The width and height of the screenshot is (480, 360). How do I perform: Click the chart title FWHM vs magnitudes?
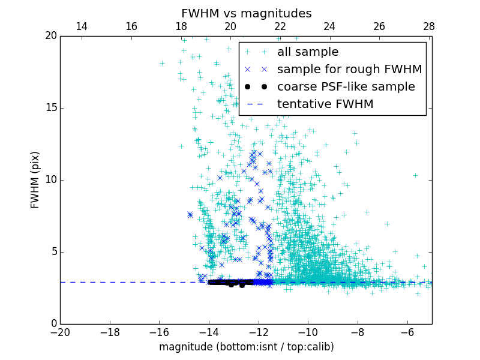[x=246, y=13]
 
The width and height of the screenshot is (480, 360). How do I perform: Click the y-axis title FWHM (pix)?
[x=35, y=179]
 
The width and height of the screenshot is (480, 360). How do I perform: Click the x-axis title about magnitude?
[x=246, y=347]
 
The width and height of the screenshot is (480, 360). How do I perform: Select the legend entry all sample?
[x=308, y=52]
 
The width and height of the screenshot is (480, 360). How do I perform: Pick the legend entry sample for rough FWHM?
[x=349, y=70]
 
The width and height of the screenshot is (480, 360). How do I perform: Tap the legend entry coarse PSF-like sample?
[x=346, y=87]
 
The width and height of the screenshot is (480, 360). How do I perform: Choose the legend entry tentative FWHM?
[x=325, y=104]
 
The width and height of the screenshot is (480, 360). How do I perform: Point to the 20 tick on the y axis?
[x=50, y=36]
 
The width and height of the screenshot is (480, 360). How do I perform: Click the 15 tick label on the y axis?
[x=50, y=108]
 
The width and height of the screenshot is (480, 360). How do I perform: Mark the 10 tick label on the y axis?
[x=50, y=180]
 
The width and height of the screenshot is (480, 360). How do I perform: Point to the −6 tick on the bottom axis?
[x=407, y=332]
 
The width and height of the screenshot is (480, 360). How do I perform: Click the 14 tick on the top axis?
[x=82, y=26]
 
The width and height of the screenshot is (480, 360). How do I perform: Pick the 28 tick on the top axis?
[x=428, y=26]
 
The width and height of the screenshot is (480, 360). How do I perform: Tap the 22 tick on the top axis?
[x=280, y=26]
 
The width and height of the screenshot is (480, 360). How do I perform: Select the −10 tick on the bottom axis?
[x=308, y=332]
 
